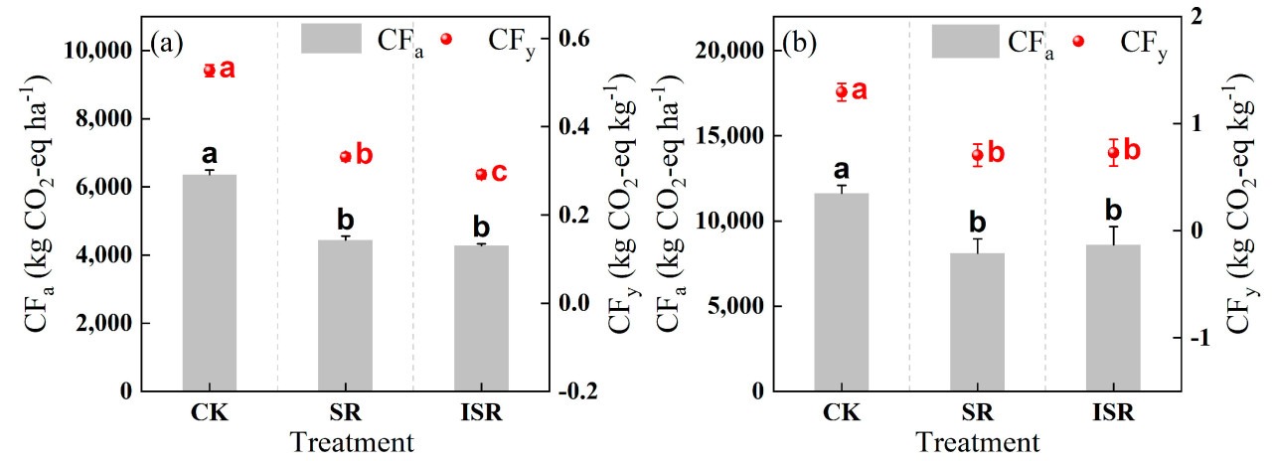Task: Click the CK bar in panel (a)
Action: click(210, 283)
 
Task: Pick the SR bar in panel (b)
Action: click(977, 322)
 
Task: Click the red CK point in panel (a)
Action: click(210, 71)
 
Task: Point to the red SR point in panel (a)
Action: click(346, 156)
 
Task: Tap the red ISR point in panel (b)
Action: click(1114, 152)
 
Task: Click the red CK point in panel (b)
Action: click(842, 92)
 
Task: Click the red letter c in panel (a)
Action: click(499, 173)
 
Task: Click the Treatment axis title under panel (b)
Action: click(978, 441)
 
